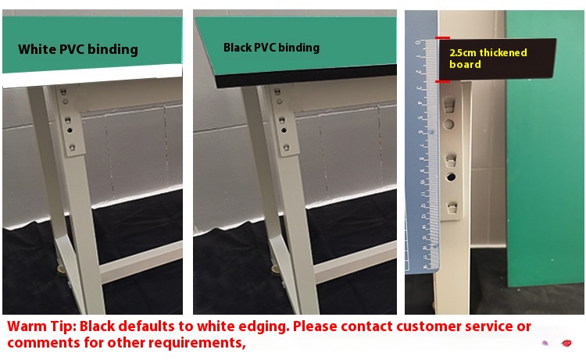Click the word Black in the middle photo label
pos(238,48)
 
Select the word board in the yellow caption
pos(465,65)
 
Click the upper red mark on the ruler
pos(443,38)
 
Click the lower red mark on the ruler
pos(443,81)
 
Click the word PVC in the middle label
pos(267,48)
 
